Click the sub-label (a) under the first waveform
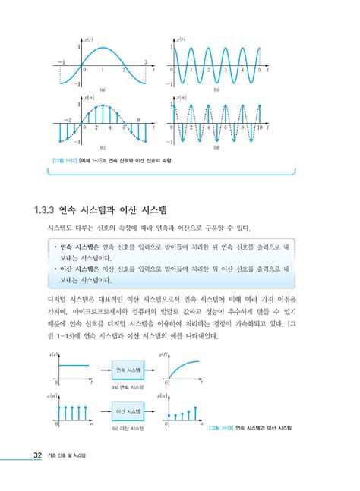click(102, 90)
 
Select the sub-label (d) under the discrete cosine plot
click(217, 148)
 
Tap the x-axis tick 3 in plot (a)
click(145, 61)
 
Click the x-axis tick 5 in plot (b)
click(258, 70)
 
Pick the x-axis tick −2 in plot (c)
click(67, 120)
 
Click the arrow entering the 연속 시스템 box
click(102, 370)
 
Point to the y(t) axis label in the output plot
click(163, 354)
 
